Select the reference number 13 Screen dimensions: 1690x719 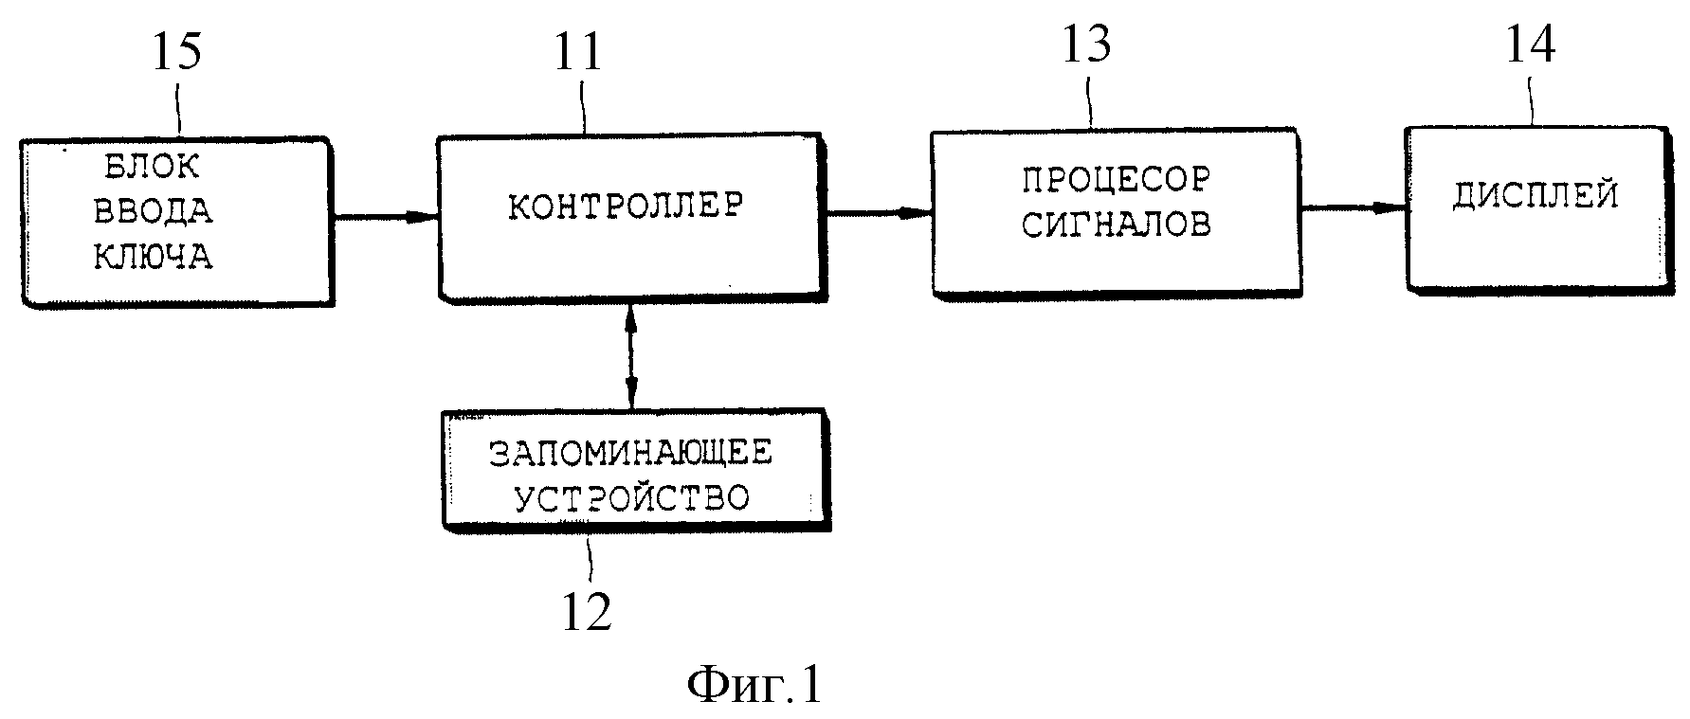click(x=1085, y=45)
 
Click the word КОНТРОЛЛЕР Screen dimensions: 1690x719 click(x=626, y=207)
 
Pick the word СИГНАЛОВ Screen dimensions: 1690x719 click(x=1116, y=225)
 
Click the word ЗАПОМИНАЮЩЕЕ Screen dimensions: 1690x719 click(x=630, y=453)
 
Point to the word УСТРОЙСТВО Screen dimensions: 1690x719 click(x=631, y=497)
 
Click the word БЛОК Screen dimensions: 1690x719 click(x=152, y=167)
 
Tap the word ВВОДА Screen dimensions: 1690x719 click(x=153, y=211)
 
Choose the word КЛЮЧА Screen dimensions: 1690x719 click(x=153, y=257)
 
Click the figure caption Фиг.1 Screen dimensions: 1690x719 click(x=754, y=684)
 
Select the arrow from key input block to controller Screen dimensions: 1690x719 click(x=384, y=217)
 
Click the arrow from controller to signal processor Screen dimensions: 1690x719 click(x=878, y=213)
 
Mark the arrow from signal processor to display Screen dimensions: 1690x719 click(x=1354, y=207)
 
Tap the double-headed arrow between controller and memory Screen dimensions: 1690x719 click(x=631, y=355)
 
